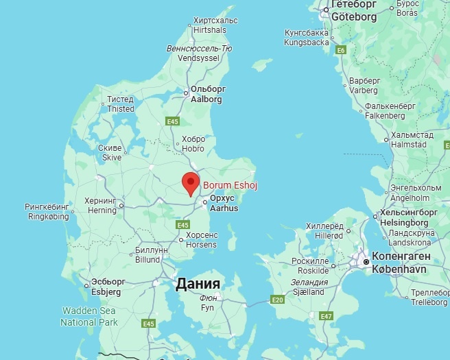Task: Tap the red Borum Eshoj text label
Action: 228,184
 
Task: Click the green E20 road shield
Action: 276,300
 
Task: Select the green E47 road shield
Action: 327,315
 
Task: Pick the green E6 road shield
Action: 340,50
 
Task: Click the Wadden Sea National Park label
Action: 89,316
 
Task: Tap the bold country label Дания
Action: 198,284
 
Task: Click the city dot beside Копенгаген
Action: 367,262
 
